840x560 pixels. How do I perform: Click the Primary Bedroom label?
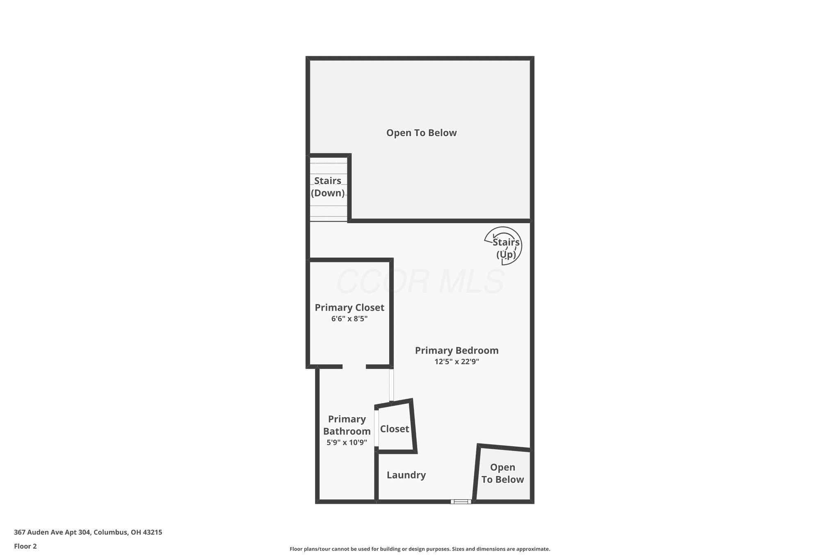(x=457, y=350)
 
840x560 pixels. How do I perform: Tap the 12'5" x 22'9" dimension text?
(x=457, y=361)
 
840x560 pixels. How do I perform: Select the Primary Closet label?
(x=349, y=307)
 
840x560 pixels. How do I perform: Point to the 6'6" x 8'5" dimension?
(x=349, y=318)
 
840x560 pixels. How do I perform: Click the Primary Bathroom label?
(x=347, y=425)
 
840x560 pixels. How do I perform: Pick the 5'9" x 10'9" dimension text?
(x=347, y=442)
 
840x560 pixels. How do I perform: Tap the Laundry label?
(x=406, y=475)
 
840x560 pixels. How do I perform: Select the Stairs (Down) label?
(x=328, y=187)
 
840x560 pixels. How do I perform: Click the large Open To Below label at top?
(x=421, y=133)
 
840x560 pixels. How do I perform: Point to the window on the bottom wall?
(x=461, y=501)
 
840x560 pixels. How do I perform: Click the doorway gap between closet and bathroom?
(x=354, y=366)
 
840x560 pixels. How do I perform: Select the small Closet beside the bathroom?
(x=395, y=429)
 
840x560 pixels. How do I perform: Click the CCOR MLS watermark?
(x=420, y=281)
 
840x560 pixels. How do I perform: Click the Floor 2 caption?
(x=25, y=546)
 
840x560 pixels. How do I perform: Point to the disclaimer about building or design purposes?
(x=420, y=549)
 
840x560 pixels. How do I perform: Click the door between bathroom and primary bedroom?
(x=392, y=384)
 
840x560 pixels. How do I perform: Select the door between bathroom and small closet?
(x=376, y=428)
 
